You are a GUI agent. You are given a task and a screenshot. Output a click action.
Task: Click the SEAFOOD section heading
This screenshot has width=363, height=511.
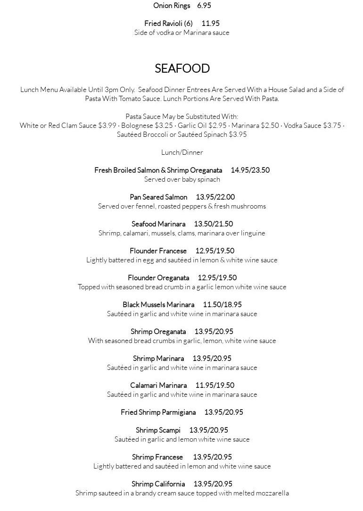click(182, 68)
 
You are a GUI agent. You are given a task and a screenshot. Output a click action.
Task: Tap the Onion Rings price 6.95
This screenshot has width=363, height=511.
click(204, 6)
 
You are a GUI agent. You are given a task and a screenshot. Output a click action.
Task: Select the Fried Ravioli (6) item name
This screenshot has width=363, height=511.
click(169, 24)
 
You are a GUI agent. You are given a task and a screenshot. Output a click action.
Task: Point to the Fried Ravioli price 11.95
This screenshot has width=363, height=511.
click(210, 24)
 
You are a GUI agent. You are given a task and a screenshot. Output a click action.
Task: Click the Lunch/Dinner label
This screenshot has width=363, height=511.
click(182, 152)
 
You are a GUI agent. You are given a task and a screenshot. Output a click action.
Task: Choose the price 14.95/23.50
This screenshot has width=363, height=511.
click(250, 170)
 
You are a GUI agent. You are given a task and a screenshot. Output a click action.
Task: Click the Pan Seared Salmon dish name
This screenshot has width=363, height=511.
click(158, 197)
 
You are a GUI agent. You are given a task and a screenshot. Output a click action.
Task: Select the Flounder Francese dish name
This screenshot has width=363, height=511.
click(158, 251)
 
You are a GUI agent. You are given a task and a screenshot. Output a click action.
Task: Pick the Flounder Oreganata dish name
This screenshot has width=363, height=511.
click(158, 278)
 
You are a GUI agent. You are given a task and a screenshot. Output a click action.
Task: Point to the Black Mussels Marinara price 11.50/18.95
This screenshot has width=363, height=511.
click(222, 305)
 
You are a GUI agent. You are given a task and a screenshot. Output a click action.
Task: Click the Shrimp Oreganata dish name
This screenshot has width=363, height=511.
click(158, 332)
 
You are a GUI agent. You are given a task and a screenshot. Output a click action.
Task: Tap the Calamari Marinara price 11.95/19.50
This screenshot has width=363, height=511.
click(214, 385)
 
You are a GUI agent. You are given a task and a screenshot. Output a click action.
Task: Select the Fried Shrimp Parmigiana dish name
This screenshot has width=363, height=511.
click(158, 412)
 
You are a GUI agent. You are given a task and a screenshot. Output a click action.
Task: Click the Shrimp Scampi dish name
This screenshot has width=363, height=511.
click(158, 430)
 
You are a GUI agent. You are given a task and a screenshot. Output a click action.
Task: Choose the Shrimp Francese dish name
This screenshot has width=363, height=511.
click(157, 457)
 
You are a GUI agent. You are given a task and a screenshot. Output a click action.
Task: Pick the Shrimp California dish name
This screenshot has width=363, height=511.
click(158, 484)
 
